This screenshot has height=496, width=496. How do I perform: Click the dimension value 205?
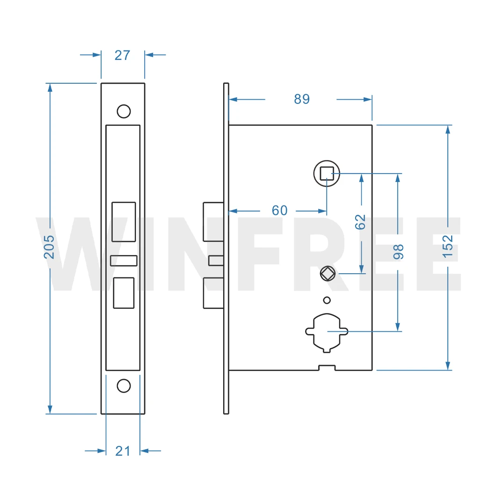click(x=49, y=247)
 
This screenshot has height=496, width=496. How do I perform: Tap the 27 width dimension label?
click(x=122, y=55)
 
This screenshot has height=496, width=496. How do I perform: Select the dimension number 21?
click(x=123, y=451)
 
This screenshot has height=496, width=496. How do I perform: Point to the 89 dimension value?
click(x=302, y=99)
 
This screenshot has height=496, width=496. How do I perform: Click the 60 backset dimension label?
click(x=279, y=211)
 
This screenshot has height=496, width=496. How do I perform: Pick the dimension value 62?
click(x=360, y=221)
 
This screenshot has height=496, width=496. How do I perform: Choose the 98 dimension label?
click(x=398, y=251)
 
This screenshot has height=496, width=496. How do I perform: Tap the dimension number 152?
click(x=448, y=246)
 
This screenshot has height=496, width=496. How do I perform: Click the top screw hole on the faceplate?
click(x=124, y=111)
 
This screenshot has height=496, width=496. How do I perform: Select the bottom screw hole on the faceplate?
click(x=124, y=386)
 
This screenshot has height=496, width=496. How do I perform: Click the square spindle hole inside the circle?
click(x=327, y=174)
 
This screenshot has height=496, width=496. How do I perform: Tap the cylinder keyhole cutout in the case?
click(x=327, y=332)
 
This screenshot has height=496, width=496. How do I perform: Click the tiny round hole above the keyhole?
click(x=327, y=300)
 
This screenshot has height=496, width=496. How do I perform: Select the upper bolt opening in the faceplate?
click(x=124, y=222)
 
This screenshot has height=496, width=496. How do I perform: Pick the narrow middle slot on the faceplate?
click(x=124, y=261)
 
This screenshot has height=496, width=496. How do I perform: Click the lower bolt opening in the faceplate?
click(x=124, y=292)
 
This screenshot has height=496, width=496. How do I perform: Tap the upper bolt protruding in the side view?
click(x=213, y=222)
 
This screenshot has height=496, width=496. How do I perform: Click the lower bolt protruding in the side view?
click(x=213, y=293)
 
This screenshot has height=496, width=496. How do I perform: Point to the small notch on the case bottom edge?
click(x=327, y=368)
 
